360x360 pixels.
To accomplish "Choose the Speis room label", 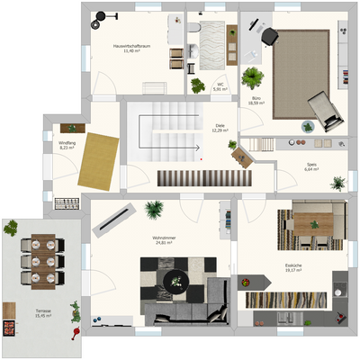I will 311,166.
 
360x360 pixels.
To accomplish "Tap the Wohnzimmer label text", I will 164,239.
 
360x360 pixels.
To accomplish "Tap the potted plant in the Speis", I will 337,184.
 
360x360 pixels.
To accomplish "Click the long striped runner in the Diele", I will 193,178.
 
